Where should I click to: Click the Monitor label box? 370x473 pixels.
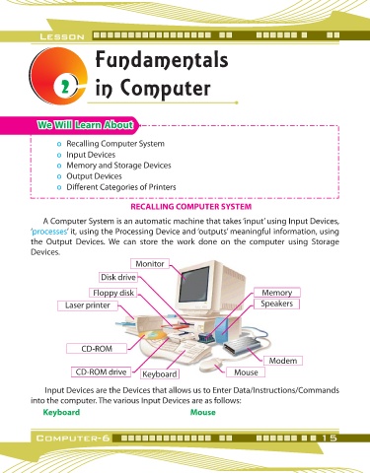pyautogui.click(x=150, y=264)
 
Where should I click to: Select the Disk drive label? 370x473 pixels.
pyautogui.click(x=118, y=277)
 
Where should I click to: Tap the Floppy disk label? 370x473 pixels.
pyautogui.click(x=113, y=293)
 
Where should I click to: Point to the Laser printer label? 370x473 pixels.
pyautogui.click(x=88, y=305)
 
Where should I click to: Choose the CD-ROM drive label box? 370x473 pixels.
pyautogui.click(x=101, y=372)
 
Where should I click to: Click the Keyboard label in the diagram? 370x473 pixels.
pyautogui.click(x=160, y=374)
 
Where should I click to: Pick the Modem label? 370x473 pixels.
pyautogui.click(x=283, y=361)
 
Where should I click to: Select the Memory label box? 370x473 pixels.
pyautogui.click(x=277, y=293)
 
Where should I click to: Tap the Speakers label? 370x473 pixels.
pyautogui.click(x=277, y=304)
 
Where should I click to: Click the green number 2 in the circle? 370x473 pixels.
pyautogui.click(x=66, y=88)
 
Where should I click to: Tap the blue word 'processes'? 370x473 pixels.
pyautogui.click(x=49, y=232)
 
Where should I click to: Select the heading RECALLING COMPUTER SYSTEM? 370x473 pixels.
pyautogui.click(x=191, y=207)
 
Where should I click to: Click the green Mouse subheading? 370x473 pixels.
pyautogui.click(x=203, y=412)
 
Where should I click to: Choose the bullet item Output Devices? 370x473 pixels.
pyautogui.click(x=94, y=176)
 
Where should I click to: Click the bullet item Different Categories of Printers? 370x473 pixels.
pyautogui.click(x=121, y=187)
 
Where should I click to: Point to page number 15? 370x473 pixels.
pyautogui.click(x=330, y=438)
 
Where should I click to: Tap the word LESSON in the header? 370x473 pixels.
pyautogui.click(x=62, y=36)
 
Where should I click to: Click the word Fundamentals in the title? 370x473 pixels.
pyautogui.click(x=162, y=60)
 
